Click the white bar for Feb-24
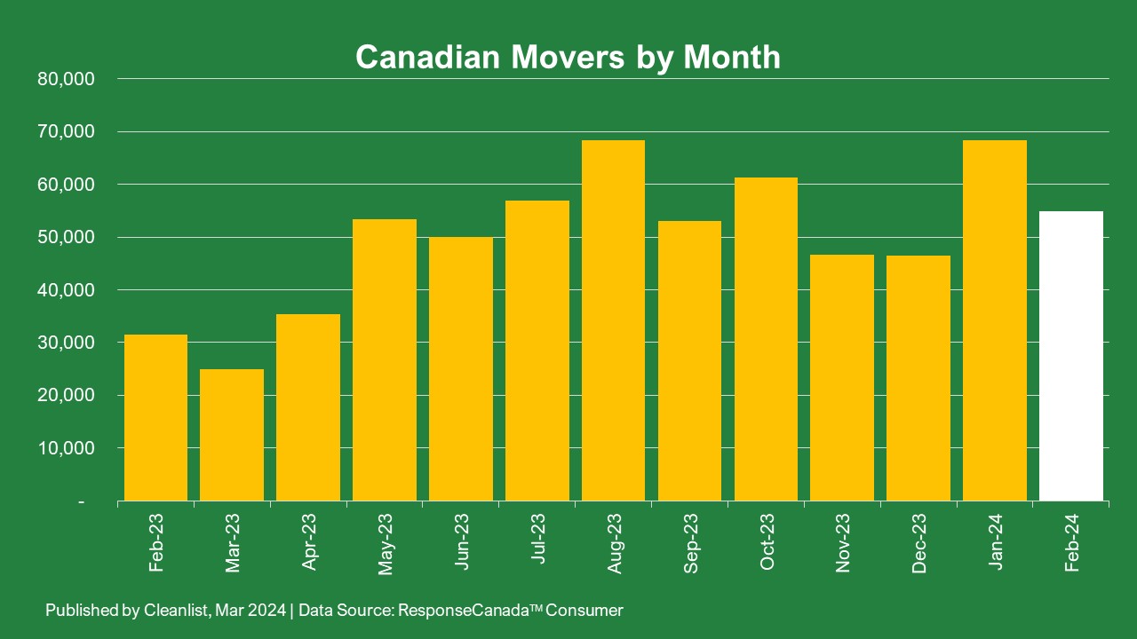[1070, 356]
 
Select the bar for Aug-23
[613, 320]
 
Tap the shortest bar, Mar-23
[232, 435]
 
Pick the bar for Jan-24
[995, 320]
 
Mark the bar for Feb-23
[155, 417]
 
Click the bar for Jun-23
[461, 369]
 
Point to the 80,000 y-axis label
[67, 79]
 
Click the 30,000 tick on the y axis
[67, 343]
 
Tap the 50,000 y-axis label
[67, 237]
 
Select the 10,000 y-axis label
[67, 448]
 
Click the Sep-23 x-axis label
[691, 543]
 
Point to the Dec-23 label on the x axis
[919, 543]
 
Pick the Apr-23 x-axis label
[309, 543]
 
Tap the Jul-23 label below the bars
[538, 543]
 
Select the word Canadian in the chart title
[426, 57]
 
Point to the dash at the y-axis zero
[82, 502]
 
